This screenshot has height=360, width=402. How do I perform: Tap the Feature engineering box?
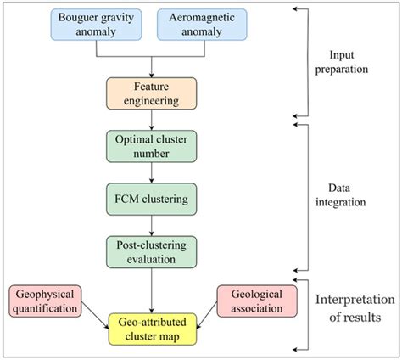point(150,94)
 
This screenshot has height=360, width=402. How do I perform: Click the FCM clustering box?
point(150,199)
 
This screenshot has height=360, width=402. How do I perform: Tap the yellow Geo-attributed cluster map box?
point(150,327)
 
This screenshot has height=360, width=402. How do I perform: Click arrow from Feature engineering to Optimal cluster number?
point(150,119)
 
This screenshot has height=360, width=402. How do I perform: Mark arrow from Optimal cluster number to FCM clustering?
point(150,172)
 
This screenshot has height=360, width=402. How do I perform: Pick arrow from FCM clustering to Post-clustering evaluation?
point(150,226)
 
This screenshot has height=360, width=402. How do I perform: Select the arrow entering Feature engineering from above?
point(150,67)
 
